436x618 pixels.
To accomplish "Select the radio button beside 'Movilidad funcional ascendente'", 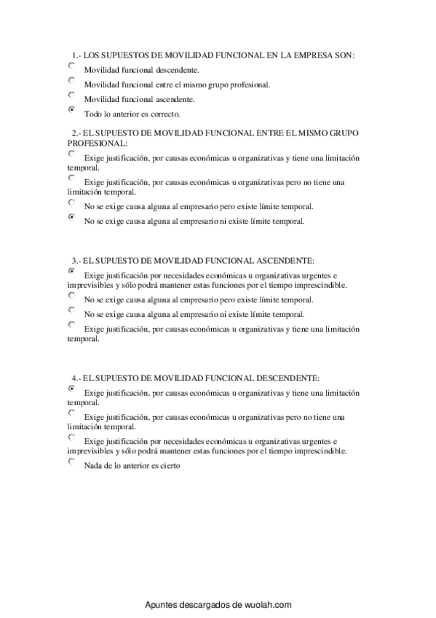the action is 71,95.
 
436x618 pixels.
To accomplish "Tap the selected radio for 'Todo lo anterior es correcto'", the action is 71,110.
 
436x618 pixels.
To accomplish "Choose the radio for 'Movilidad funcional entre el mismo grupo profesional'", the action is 71,81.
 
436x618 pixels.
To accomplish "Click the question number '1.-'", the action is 76,55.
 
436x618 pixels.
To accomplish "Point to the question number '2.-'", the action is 76,133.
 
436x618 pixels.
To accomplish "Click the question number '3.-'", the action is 76,259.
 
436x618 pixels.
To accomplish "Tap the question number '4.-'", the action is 76,378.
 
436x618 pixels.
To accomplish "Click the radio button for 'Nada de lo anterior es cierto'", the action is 71,462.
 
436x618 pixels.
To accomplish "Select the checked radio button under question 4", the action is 71,388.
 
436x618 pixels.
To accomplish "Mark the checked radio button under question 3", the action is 71,270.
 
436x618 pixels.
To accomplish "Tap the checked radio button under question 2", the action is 71,217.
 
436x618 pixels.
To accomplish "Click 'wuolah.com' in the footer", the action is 267,604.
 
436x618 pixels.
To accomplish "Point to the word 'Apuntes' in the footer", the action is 162,604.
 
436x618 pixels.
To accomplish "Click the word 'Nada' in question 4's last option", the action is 93,466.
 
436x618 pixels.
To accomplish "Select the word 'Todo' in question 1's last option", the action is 93,114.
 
